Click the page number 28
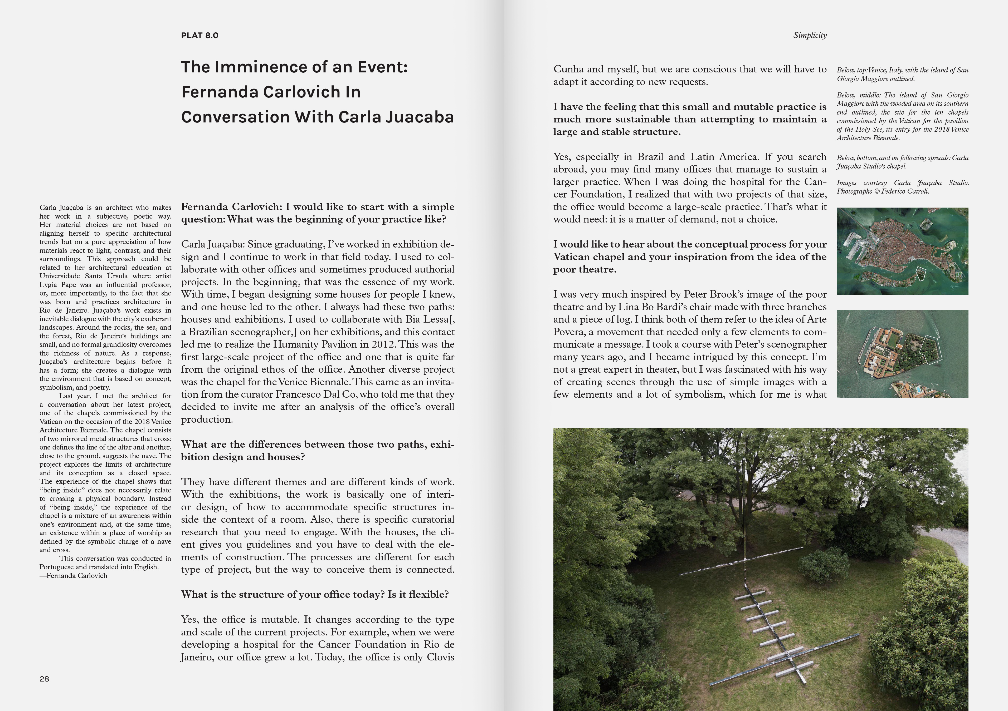pyautogui.click(x=44, y=679)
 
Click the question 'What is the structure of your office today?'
pyautogui.click(x=283, y=594)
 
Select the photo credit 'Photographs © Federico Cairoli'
pyautogui.click(x=883, y=191)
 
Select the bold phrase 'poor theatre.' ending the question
pyautogui.click(x=584, y=269)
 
